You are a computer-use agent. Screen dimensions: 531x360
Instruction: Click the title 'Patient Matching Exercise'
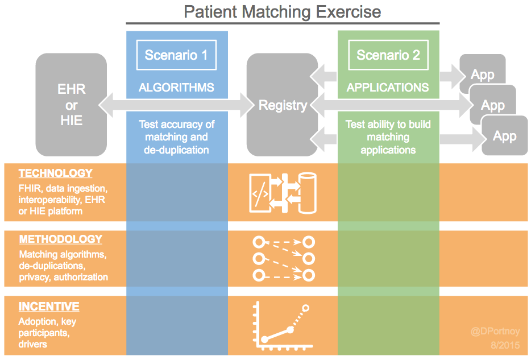click(x=283, y=12)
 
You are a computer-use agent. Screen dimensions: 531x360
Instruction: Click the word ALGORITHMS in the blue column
click(x=176, y=88)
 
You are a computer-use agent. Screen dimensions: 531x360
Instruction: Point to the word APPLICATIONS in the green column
click(x=388, y=88)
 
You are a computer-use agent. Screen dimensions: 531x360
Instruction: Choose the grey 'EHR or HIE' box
click(x=71, y=105)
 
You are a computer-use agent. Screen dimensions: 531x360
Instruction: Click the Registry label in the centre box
click(x=283, y=105)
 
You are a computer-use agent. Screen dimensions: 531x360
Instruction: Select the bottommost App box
click(x=505, y=135)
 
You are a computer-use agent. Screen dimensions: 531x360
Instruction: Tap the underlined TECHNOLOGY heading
click(x=56, y=173)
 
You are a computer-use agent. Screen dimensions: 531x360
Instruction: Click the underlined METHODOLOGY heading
click(x=61, y=239)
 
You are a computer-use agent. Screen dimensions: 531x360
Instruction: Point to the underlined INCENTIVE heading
click(x=49, y=307)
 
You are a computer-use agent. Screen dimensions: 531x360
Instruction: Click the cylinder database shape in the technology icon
click(x=307, y=193)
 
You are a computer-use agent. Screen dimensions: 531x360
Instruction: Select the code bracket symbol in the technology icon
click(x=260, y=194)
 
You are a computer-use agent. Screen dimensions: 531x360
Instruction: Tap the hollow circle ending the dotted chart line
click(x=306, y=308)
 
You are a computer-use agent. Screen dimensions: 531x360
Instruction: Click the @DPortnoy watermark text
click(x=495, y=331)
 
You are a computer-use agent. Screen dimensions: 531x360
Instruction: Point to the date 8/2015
click(x=505, y=345)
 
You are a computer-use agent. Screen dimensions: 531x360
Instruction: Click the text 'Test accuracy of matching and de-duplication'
click(x=176, y=137)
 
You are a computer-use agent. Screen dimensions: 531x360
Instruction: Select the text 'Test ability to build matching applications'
click(x=388, y=137)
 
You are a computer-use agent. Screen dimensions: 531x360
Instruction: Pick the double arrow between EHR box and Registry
click(x=176, y=105)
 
